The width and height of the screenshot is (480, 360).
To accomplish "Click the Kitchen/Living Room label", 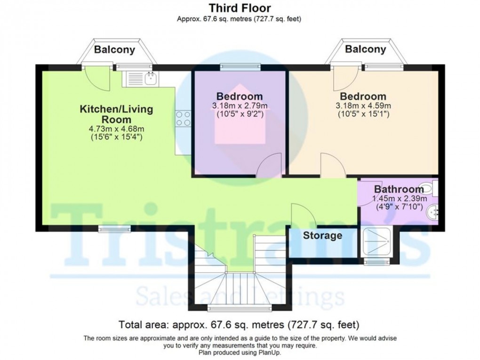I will (116, 114).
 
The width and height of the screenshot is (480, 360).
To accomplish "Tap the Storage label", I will (322, 235).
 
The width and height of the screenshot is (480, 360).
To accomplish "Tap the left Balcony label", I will (114, 49).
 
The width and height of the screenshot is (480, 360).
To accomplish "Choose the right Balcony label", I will (366, 49).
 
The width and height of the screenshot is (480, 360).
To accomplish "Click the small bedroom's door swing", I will (270, 166).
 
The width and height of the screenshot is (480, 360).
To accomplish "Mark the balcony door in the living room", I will (97, 78).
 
